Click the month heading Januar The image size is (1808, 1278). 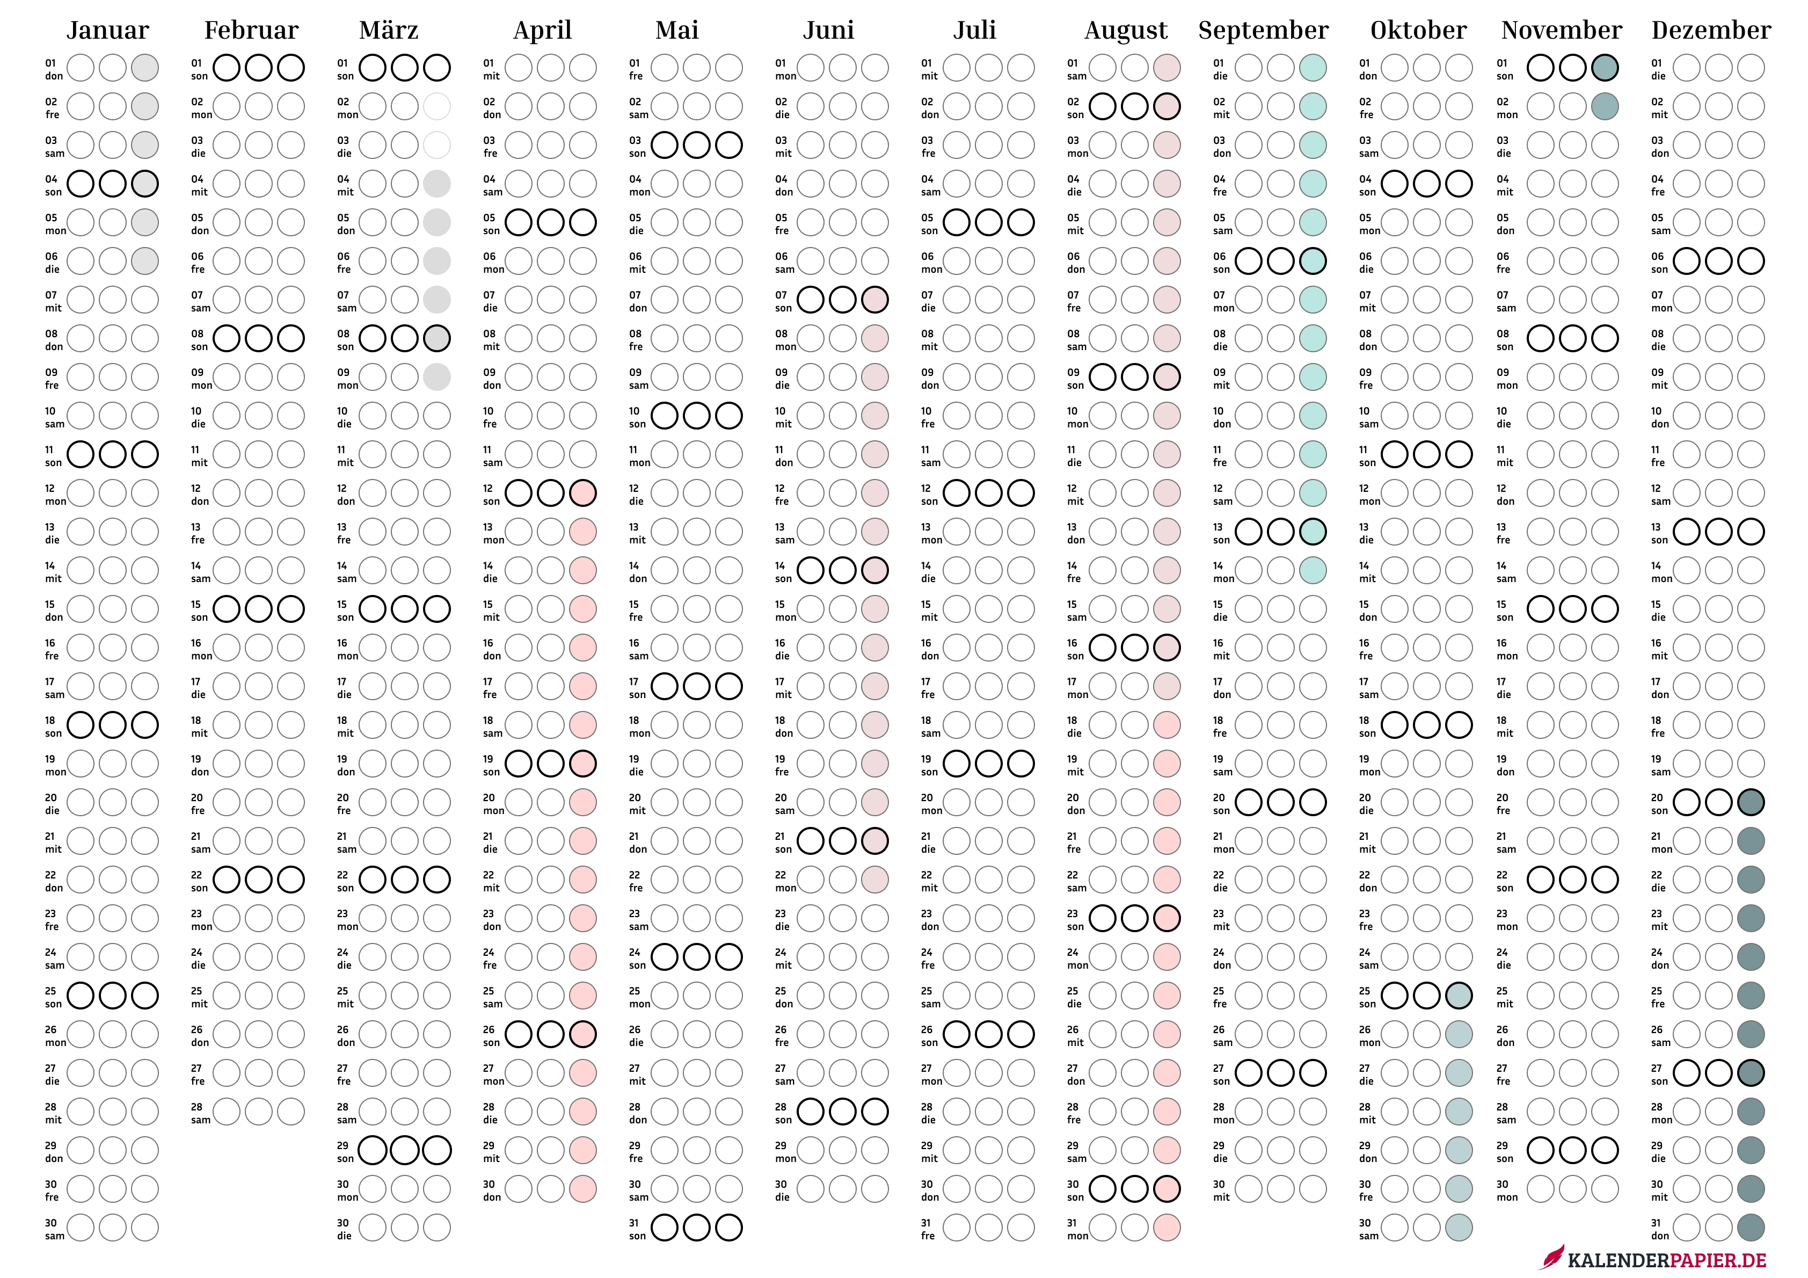click(108, 31)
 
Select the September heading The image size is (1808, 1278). click(1263, 31)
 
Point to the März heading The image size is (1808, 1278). click(389, 30)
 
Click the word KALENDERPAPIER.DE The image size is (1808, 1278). click(1667, 1260)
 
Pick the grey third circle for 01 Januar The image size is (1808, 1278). click(145, 68)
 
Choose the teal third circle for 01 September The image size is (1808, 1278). click(1313, 68)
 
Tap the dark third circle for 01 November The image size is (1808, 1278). click(1605, 68)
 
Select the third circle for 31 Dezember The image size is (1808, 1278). click(1751, 1228)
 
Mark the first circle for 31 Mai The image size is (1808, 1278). click(665, 1228)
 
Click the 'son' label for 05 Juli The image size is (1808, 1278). click(929, 231)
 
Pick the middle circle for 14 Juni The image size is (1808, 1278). click(843, 570)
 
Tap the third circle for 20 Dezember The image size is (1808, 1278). click(1751, 802)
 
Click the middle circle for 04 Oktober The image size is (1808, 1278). click(1427, 184)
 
